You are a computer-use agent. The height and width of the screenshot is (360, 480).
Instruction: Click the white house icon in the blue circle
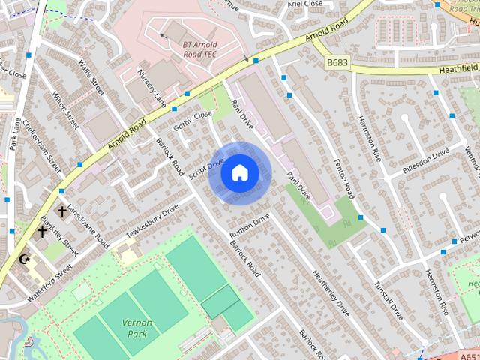239,172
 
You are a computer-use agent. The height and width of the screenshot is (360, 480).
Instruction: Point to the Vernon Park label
136,327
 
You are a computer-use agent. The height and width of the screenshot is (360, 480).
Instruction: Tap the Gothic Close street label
193,122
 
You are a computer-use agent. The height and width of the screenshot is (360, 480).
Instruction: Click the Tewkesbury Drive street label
152,220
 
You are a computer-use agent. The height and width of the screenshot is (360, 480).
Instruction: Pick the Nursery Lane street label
151,87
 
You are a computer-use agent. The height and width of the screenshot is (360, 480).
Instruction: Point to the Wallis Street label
91,77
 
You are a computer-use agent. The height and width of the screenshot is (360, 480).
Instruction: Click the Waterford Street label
50,282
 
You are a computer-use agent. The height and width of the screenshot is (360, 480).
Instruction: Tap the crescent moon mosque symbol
25,259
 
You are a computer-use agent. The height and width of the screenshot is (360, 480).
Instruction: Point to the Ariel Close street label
304,4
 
